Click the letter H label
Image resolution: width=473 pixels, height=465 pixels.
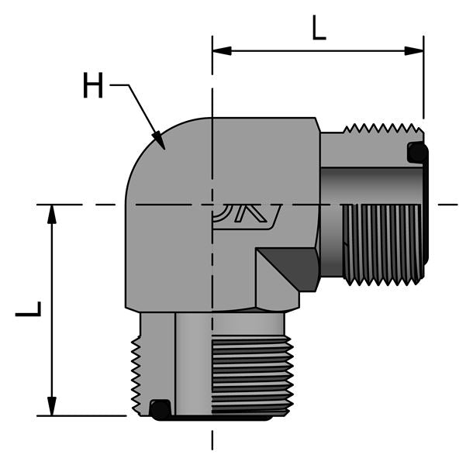tap(93, 86)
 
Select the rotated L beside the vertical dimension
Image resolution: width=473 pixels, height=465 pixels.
tap(29, 309)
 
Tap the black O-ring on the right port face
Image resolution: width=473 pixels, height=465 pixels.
tap(417, 153)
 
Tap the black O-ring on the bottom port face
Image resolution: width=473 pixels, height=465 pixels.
tap(160, 408)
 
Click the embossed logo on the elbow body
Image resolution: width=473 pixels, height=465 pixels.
tap(247, 218)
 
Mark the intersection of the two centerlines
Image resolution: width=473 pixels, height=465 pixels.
tap(212, 205)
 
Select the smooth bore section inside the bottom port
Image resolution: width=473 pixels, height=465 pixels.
tap(194, 364)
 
